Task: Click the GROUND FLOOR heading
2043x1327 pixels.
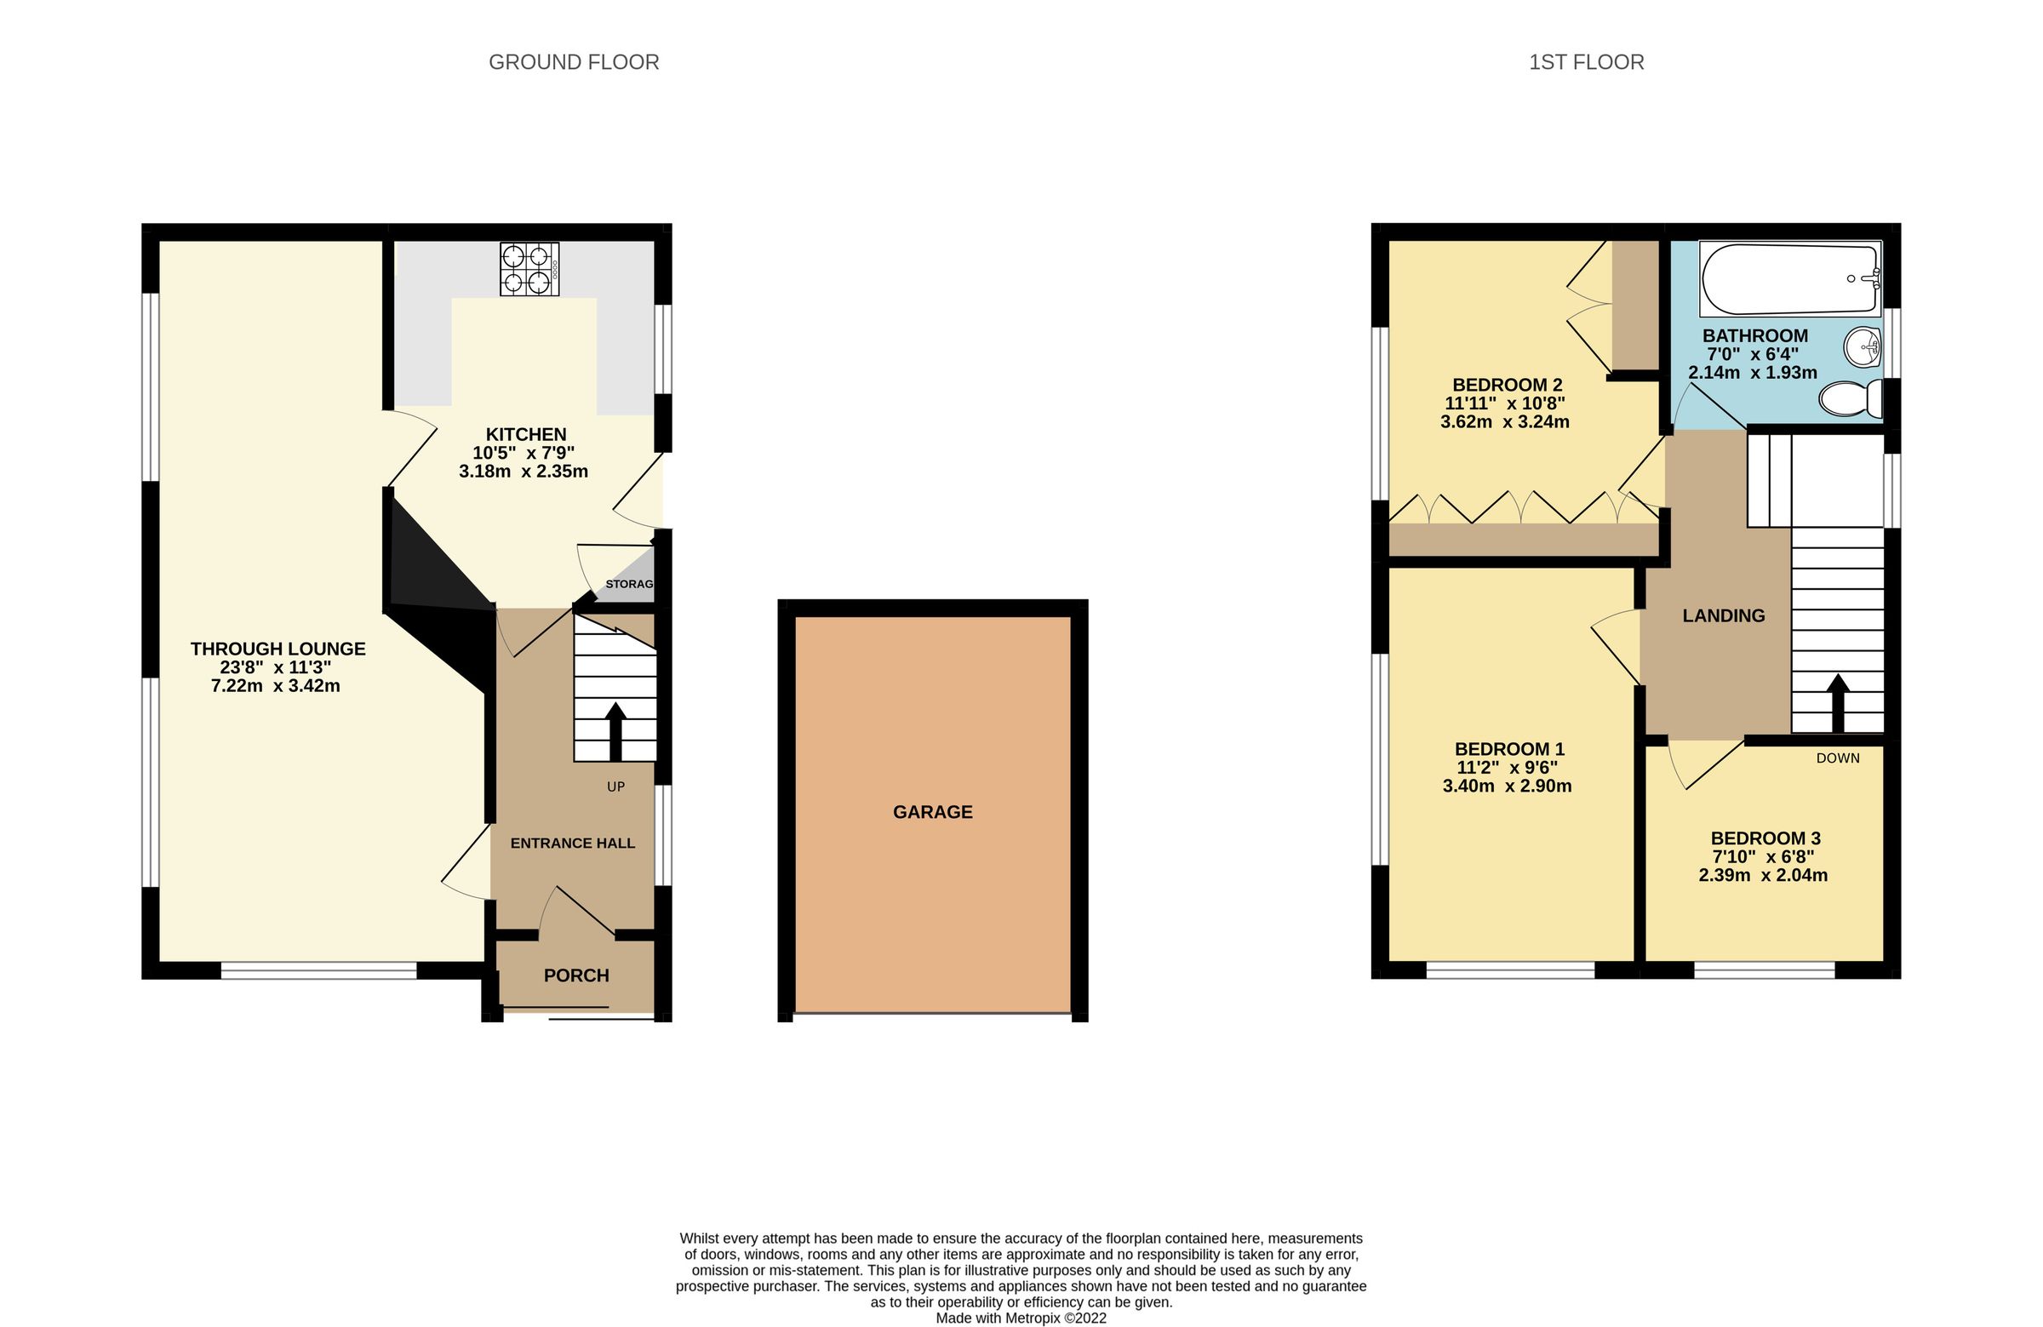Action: coord(574,63)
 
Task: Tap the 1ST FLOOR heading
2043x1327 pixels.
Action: coord(1586,63)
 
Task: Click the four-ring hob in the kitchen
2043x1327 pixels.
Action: coord(529,269)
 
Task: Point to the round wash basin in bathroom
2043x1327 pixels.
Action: coord(1861,347)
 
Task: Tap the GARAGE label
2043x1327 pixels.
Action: coord(932,812)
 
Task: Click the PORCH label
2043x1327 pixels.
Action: coord(576,975)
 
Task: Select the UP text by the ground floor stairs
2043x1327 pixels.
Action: coord(615,786)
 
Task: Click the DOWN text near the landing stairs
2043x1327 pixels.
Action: coord(1838,758)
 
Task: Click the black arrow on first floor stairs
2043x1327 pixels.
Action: coord(1837,702)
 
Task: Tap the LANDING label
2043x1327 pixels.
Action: coord(1723,615)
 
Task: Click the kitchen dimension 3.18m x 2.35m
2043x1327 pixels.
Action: coord(524,472)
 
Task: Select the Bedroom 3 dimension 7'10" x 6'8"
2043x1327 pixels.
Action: coord(1765,856)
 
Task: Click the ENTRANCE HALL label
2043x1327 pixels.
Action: coord(573,843)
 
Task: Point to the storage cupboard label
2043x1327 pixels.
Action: coord(630,584)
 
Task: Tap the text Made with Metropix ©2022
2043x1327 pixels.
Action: coord(1021,1318)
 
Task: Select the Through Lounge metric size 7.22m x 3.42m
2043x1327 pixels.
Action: coord(276,686)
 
